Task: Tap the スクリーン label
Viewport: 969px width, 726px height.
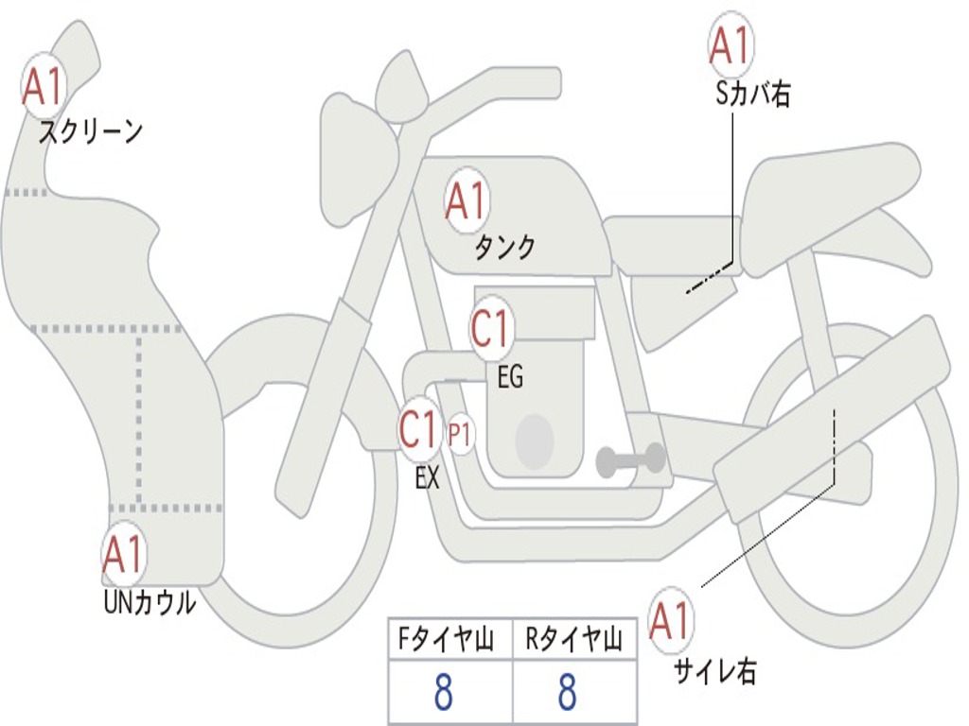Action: tap(91, 131)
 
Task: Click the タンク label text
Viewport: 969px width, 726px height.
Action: tap(504, 247)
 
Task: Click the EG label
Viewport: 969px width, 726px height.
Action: tap(510, 377)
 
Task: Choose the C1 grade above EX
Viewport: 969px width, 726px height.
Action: tap(420, 430)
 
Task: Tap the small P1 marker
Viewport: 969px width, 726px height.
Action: tap(461, 435)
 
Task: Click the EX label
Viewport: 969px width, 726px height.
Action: tap(428, 478)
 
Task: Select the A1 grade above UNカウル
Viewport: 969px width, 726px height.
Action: tap(123, 554)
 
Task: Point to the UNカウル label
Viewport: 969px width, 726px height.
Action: tap(149, 602)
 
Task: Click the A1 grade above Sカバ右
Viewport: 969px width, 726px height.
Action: tap(731, 45)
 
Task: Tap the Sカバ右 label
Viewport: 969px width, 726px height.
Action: tap(753, 94)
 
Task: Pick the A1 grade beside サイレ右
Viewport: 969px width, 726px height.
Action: tap(671, 621)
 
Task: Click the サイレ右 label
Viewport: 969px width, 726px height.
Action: tap(714, 671)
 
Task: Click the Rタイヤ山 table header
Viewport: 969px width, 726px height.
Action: tap(573, 641)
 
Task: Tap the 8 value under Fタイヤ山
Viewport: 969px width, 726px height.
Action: tap(443, 693)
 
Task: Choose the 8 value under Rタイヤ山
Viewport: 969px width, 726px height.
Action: tap(567, 693)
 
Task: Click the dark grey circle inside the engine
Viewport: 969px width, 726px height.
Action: tap(534, 440)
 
